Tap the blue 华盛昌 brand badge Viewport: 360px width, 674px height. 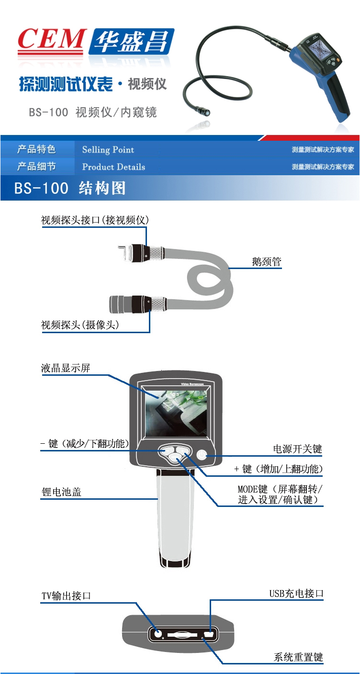(132, 41)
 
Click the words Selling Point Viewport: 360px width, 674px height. (108, 150)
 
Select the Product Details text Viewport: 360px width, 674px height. (113, 167)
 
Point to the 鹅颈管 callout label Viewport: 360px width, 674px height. (267, 261)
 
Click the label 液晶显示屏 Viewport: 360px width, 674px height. (65, 368)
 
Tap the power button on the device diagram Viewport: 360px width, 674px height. (202, 454)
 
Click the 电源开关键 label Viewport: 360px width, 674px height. (297, 449)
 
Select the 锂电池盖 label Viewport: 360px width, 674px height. (61, 492)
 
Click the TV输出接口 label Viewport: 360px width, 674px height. (66, 596)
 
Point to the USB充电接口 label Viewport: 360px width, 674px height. (296, 593)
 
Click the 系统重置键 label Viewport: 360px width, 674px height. (298, 657)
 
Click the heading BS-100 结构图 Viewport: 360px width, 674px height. (70, 188)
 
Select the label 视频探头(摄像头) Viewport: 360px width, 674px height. (80, 325)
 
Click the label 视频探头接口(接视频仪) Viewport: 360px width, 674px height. (95, 220)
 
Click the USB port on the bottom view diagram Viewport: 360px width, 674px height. (209, 634)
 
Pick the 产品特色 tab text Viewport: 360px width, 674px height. (36, 149)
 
